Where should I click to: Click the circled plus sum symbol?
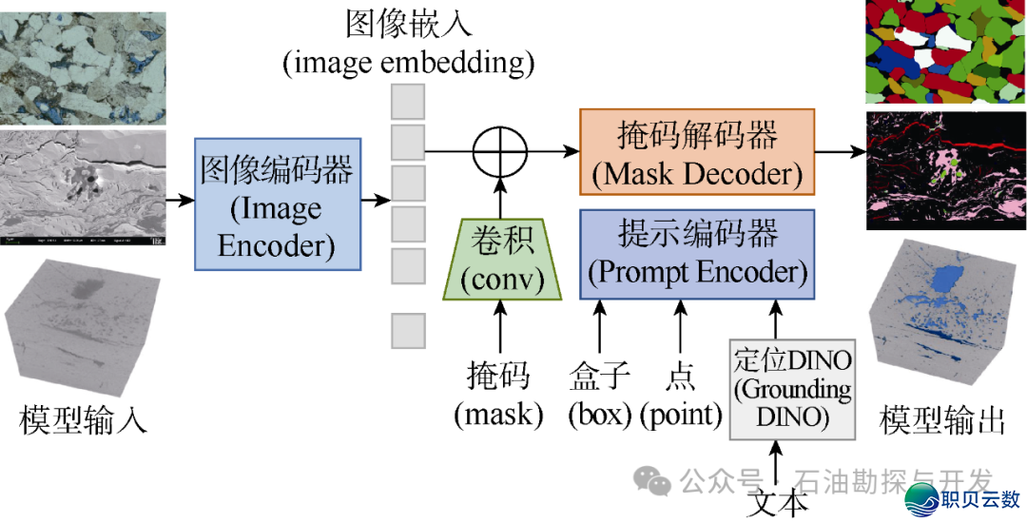tap(501, 151)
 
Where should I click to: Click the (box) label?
tap(600, 414)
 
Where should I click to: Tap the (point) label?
tap(680, 414)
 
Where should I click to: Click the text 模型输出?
tap(941, 418)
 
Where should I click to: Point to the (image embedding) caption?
tap(408, 63)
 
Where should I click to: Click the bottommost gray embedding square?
tap(408, 330)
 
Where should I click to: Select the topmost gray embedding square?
tap(408, 101)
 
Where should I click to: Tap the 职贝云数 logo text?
tap(979, 497)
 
